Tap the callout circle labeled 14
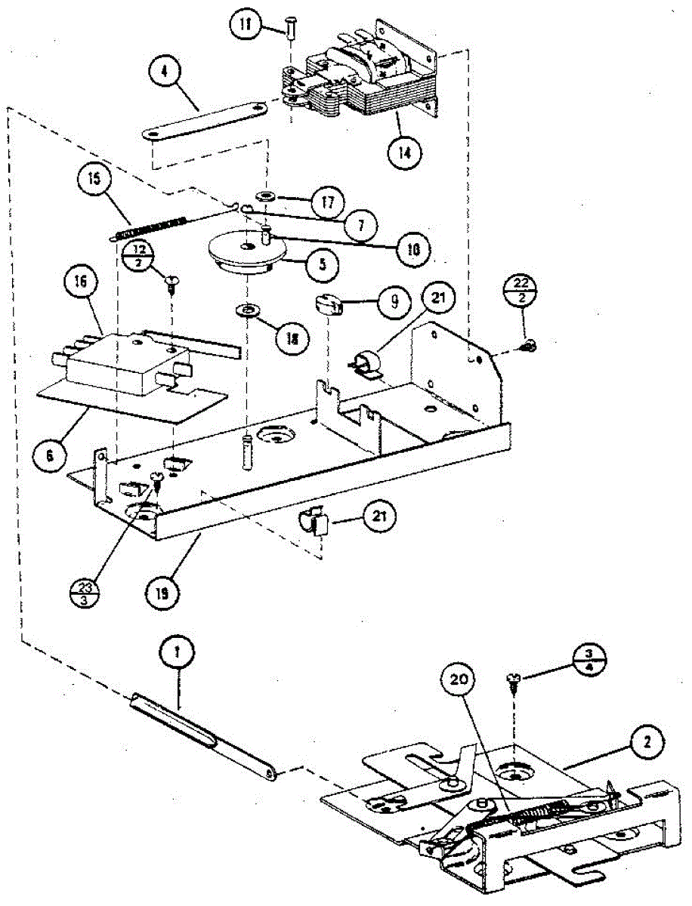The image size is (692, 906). point(406,151)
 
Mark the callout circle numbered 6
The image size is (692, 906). point(48,455)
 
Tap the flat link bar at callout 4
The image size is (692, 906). point(205,121)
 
